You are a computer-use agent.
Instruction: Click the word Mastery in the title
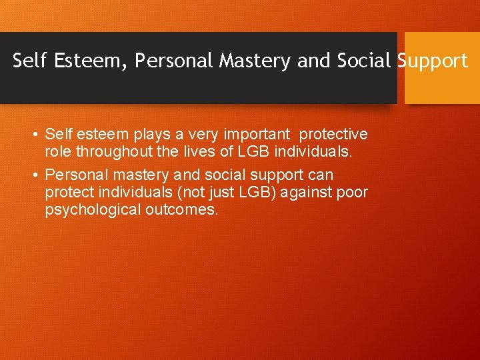pyautogui.click(x=257, y=61)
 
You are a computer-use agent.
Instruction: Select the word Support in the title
pyautogui.click(x=433, y=61)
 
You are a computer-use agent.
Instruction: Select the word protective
pyautogui.click(x=334, y=135)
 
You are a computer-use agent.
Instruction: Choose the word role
pyautogui.click(x=58, y=151)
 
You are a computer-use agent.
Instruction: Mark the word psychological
pyautogui.click(x=87, y=210)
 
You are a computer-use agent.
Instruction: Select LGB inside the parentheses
pyautogui.click(x=254, y=193)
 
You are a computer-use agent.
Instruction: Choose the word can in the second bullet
pyautogui.click(x=321, y=175)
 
